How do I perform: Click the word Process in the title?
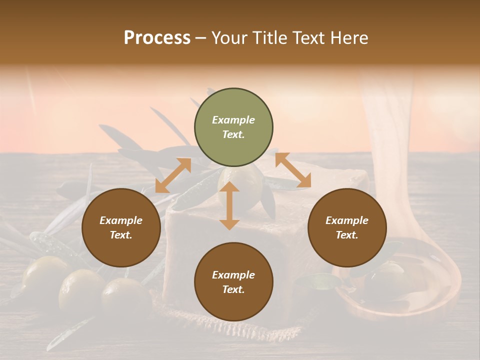point(157,38)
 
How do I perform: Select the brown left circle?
point(121,227)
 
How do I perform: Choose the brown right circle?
point(346,227)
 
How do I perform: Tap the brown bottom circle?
point(233,281)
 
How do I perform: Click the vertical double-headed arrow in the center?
point(229,205)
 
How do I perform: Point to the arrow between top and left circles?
point(173,175)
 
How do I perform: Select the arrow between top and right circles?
point(293,171)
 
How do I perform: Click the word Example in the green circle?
point(233,120)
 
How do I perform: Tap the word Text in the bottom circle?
point(233,289)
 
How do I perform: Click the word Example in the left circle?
point(121,220)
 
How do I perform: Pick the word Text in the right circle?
point(346,235)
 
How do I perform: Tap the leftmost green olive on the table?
point(44,275)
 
